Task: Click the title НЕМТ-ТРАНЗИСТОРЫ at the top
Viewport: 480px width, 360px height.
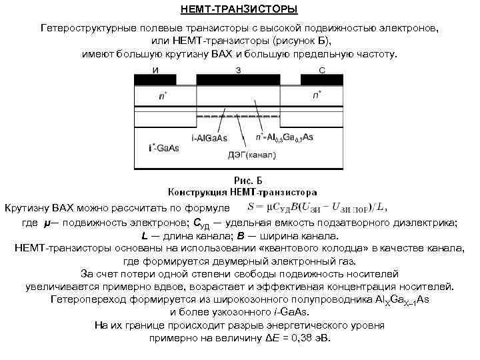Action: pos(239,9)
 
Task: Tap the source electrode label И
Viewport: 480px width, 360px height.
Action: pos(155,69)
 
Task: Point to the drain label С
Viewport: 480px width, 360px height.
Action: pos(322,69)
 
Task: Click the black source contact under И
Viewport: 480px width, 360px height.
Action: pos(155,80)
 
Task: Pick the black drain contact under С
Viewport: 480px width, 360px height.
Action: pos(322,80)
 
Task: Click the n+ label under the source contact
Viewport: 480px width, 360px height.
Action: pos(163,96)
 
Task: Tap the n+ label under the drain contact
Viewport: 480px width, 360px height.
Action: pos(317,96)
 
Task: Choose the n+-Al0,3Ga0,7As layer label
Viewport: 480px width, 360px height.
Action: pos(284,137)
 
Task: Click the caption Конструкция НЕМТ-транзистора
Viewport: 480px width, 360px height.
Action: pos(241,190)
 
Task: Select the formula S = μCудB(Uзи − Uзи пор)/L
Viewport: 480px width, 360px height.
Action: pos(316,205)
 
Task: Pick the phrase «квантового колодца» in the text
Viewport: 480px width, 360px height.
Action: pos(333,247)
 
